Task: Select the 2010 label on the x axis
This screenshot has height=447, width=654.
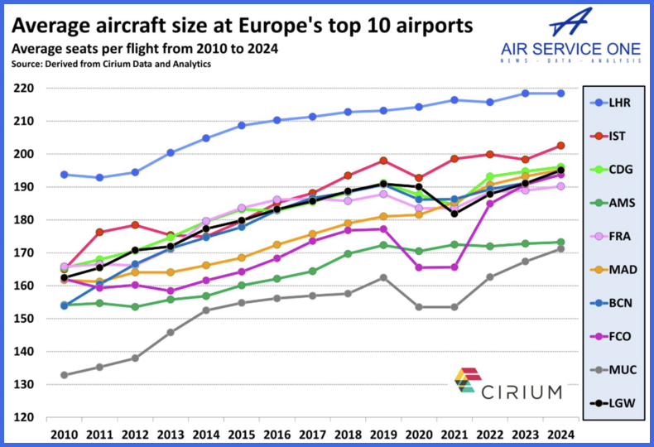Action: coord(64,433)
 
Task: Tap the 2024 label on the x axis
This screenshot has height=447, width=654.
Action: coord(560,433)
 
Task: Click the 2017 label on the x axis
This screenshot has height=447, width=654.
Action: coord(312,433)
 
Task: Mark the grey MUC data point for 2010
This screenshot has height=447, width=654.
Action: coord(64,375)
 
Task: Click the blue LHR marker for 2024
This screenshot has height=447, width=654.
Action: coord(560,93)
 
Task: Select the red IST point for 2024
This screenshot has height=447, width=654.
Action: coord(560,146)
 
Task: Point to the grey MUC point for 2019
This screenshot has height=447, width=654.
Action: coord(383,277)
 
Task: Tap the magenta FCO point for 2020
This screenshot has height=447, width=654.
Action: coord(419,267)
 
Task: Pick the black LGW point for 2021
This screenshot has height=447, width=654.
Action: coord(454,214)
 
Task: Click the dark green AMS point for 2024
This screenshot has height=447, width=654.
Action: coord(560,243)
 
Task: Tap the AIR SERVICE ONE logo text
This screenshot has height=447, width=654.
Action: coord(570,48)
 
